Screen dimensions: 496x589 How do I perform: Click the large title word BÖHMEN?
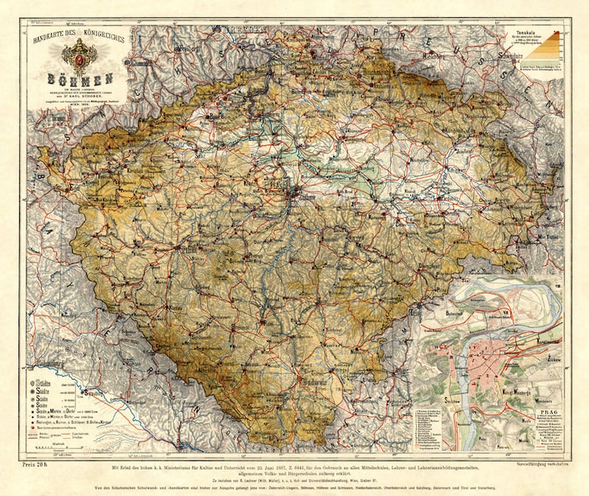click(80, 78)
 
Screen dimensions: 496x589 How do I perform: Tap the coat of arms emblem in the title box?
click(80, 54)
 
